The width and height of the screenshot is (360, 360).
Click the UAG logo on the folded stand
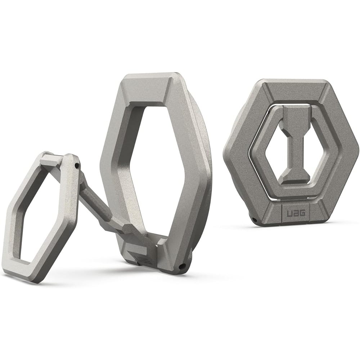click(x=296, y=213)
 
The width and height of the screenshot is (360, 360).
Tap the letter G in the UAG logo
click(x=302, y=213)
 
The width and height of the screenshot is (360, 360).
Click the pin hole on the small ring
click(x=77, y=165)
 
